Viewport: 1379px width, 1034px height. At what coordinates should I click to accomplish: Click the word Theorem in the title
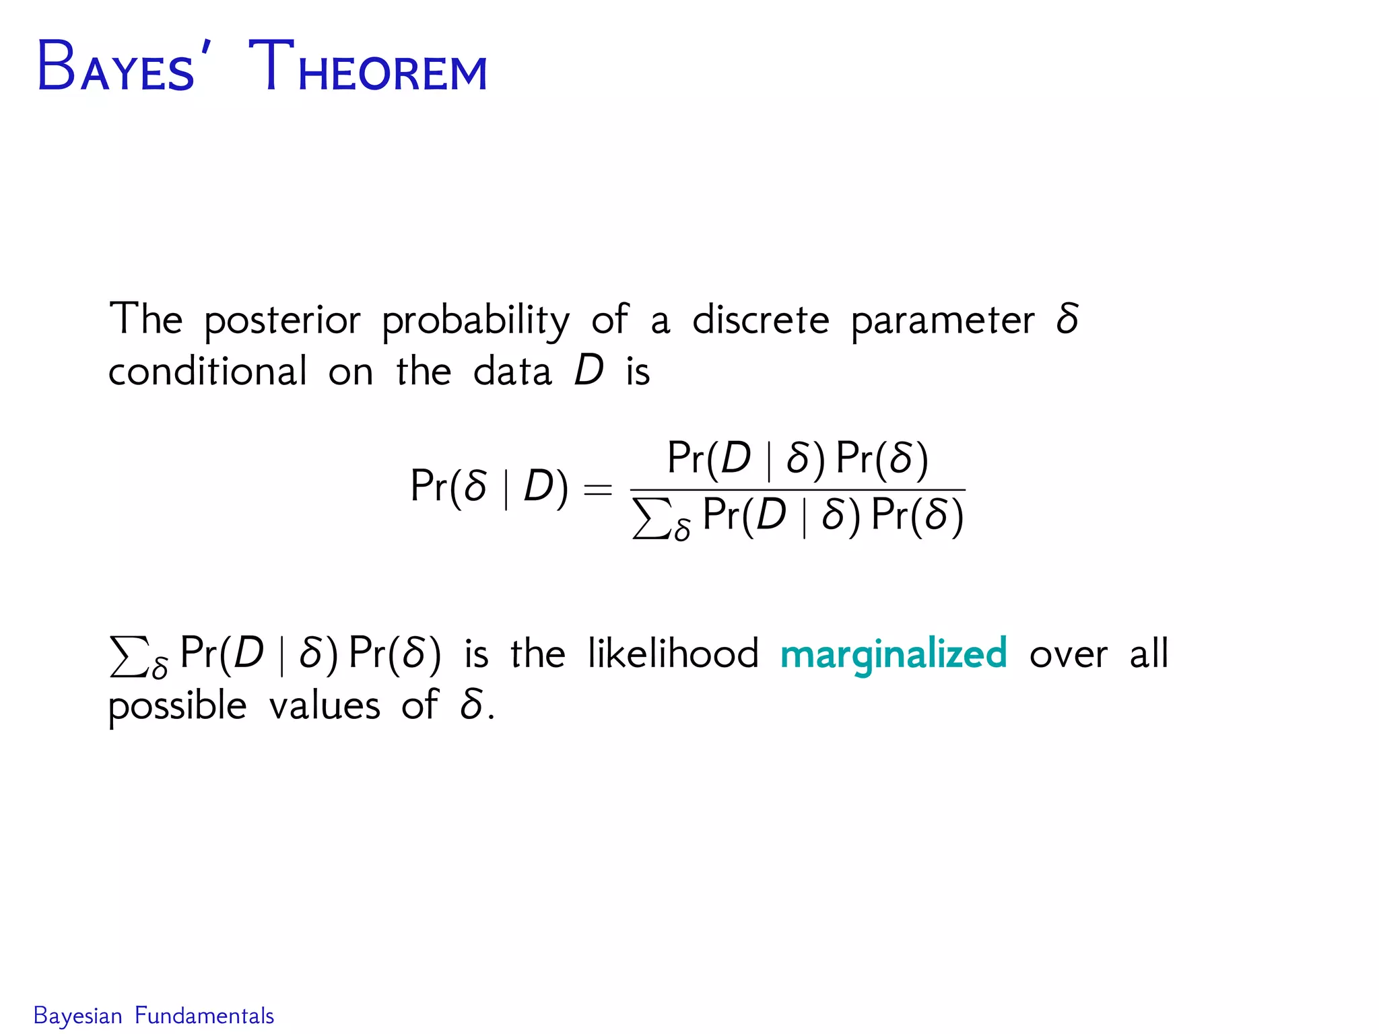[368, 67]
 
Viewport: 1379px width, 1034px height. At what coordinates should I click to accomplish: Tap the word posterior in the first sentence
[282, 320]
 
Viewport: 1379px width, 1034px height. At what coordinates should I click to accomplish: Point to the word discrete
[760, 319]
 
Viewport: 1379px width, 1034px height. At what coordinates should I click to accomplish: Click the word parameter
[943, 320]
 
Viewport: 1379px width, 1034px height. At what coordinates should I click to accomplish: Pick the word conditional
[207, 371]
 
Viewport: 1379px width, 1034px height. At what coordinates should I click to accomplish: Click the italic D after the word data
[588, 371]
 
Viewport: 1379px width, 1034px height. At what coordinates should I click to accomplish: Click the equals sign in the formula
[597, 489]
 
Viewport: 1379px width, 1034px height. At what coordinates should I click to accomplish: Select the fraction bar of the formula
[797, 490]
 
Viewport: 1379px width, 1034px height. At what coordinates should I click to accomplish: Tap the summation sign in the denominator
[652, 518]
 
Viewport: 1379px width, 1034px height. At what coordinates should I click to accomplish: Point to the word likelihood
[673, 653]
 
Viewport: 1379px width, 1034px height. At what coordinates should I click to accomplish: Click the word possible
[177, 707]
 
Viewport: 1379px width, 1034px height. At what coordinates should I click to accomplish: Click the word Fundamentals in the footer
[204, 1016]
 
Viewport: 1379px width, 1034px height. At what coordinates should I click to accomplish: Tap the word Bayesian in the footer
[77, 1016]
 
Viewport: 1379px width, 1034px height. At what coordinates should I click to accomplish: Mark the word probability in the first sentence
[475, 320]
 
